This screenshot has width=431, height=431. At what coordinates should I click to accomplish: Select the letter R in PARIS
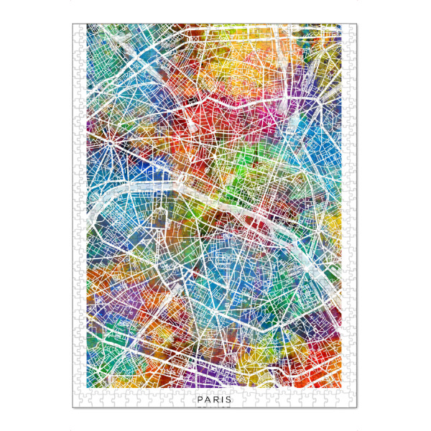[x=214, y=400]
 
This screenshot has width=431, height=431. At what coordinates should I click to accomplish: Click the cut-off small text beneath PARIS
[x=213, y=407]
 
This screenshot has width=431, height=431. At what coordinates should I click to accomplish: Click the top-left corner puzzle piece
[x=77, y=28]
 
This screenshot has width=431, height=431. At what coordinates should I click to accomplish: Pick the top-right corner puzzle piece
[x=352, y=28]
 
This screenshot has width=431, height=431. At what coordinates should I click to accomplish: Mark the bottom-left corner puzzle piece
[x=77, y=403]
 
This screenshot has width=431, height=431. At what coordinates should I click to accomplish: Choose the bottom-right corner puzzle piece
[x=352, y=403]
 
